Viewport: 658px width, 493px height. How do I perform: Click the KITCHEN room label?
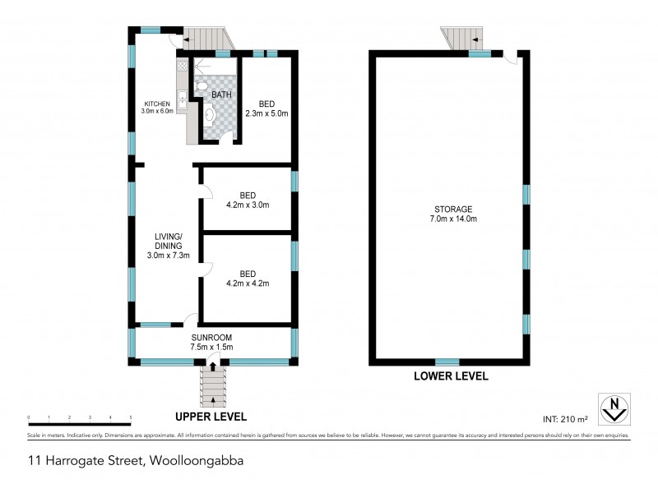[x=157, y=104]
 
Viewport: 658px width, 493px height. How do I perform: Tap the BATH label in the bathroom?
[x=221, y=95]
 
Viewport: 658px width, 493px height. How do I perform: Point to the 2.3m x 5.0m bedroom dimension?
[x=267, y=113]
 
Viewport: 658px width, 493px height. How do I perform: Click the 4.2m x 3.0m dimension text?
[x=248, y=205]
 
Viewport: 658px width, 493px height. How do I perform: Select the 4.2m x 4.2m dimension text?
[x=248, y=283]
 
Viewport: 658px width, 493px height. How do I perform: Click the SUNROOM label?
[x=213, y=337]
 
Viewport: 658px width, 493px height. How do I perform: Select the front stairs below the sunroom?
[x=213, y=385]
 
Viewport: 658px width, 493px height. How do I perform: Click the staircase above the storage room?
[x=461, y=38]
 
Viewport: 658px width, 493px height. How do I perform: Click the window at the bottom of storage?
[x=447, y=362]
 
